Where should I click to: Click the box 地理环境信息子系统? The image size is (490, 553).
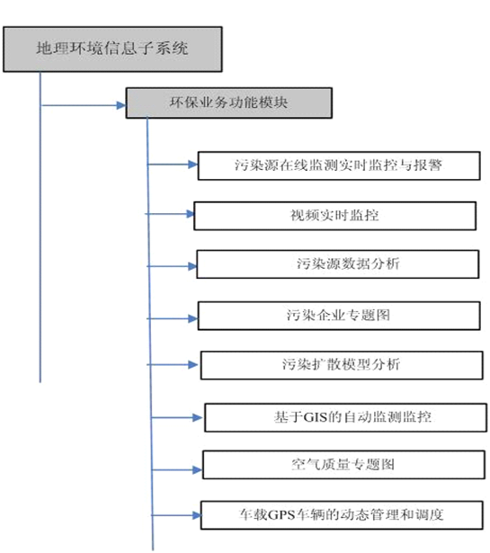[112, 49]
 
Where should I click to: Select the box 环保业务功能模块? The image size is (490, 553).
[228, 103]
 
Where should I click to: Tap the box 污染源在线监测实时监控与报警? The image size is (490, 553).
[339, 165]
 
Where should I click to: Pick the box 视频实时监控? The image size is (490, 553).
[334, 216]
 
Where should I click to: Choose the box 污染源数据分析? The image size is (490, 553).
[338, 264]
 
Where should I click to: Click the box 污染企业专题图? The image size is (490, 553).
[339, 316]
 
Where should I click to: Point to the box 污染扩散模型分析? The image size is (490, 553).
[342, 365]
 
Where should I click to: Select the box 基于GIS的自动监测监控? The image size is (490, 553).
[345, 417]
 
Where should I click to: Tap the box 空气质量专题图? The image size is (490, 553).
[343, 465]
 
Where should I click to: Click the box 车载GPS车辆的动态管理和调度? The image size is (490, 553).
[342, 515]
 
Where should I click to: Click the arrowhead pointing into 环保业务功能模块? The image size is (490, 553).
[120, 105]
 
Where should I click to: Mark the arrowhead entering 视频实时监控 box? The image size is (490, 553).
[190, 214]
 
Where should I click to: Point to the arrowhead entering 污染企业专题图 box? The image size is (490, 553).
[192, 319]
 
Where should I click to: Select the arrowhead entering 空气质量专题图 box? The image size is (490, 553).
[198, 469]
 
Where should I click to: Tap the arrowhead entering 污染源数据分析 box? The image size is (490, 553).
[192, 266]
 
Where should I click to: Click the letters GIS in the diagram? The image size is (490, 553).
[316, 417]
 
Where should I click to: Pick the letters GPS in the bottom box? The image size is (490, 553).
[281, 515]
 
